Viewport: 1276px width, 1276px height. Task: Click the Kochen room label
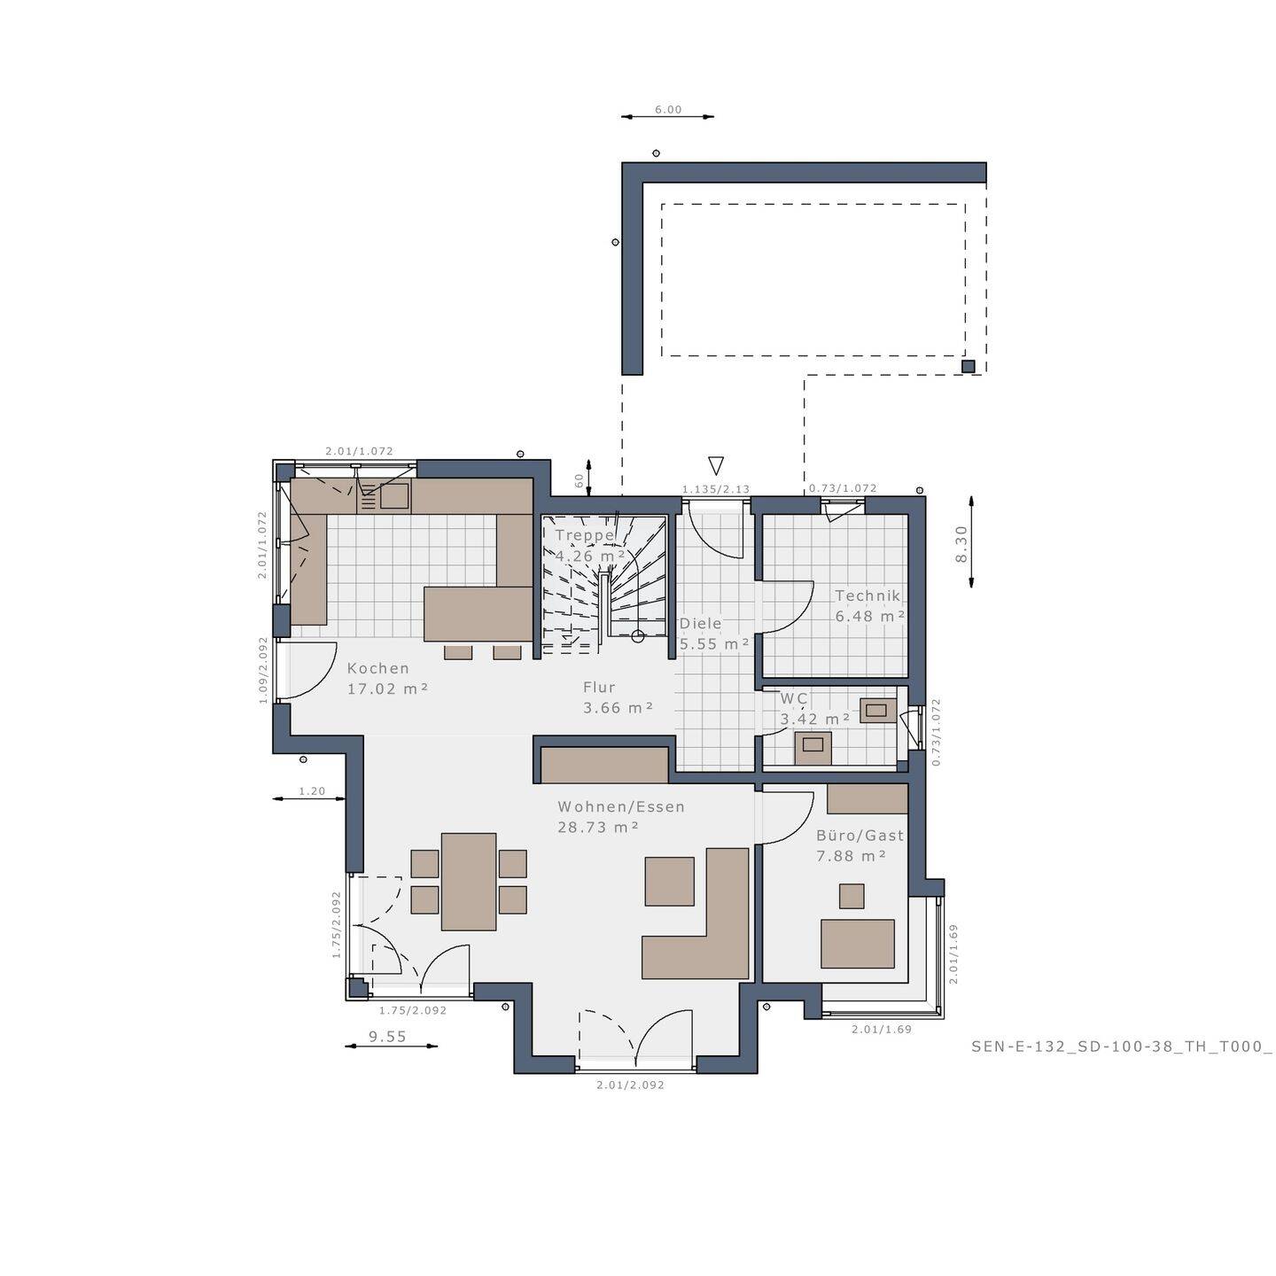point(378,668)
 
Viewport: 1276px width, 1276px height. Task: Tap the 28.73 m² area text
point(598,828)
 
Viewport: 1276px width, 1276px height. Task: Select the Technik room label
point(868,596)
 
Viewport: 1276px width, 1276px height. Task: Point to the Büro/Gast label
point(860,835)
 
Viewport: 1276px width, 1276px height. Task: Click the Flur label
point(599,687)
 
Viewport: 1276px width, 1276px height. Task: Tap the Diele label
point(701,624)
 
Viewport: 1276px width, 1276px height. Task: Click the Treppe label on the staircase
point(585,535)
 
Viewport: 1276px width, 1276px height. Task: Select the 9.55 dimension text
point(387,1036)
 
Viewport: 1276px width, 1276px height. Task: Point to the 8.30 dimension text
point(962,542)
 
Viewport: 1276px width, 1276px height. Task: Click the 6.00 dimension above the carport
point(668,110)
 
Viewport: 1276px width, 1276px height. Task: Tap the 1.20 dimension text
point(312,791)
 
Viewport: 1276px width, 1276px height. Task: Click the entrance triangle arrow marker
point(716,465)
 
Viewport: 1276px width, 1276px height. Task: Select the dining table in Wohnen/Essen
point(469,882)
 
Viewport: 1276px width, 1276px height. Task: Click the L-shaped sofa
point(709,939)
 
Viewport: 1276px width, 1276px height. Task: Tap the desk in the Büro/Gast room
point(857,943)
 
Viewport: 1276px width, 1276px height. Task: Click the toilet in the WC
point(813,749)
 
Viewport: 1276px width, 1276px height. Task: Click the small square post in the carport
point(969,366)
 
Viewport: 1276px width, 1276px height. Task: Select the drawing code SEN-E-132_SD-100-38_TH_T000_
point(1121,1046)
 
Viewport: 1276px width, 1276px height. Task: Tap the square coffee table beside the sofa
point(669,881)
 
